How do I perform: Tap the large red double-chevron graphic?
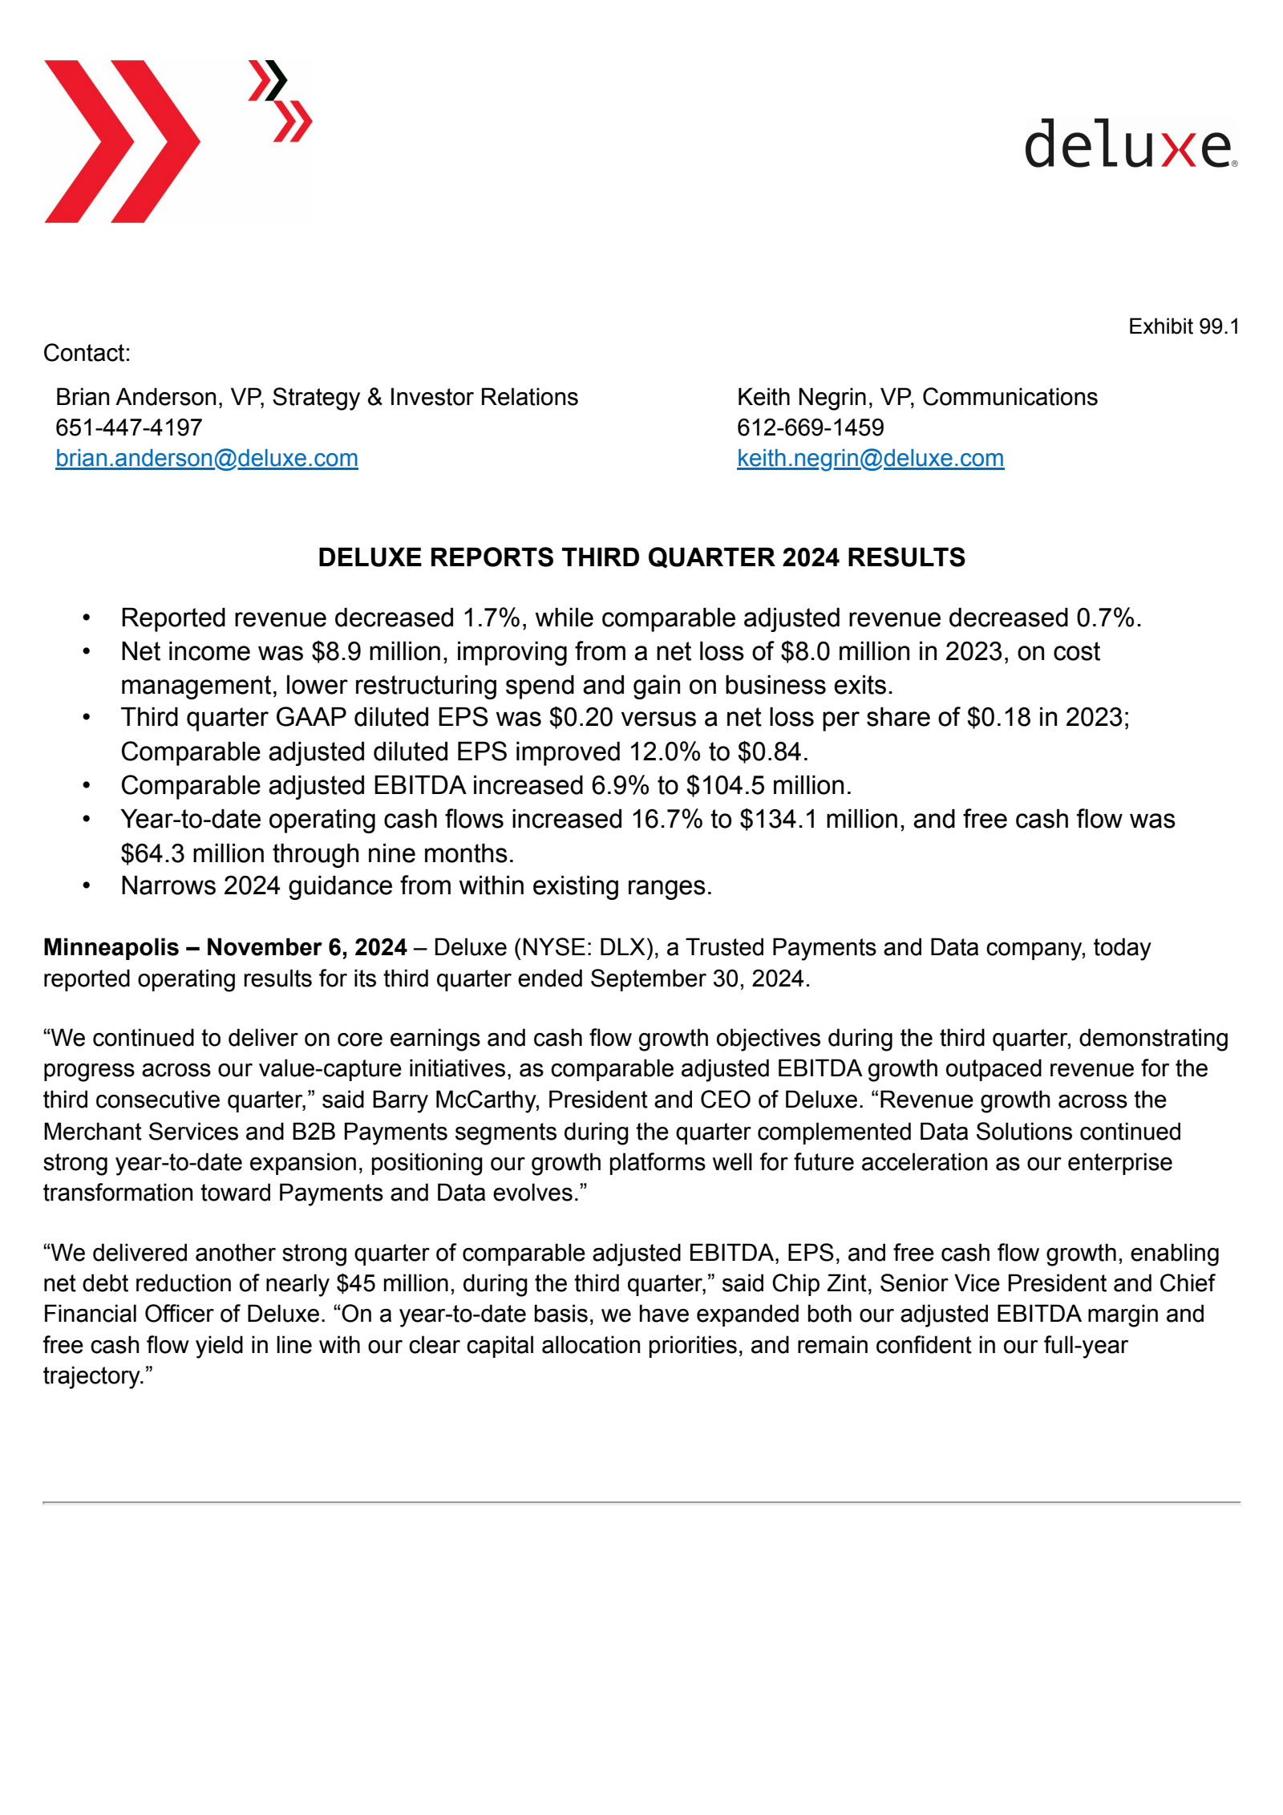pyautogui.click(x=120, y=141)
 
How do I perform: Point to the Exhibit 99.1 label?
pyautogui.click(x=1183, y=326)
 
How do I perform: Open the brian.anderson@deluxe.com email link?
pyautogui.click(x=206, y=458)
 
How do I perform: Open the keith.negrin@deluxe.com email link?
pyautogui.click(x=869, y=458)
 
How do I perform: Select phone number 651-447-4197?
pyautogui.click(x=128, y=427)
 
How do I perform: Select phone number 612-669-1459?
pyautogui.click(x=810, y=427)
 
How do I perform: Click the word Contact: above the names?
pyautogui.click(x=87, y=353)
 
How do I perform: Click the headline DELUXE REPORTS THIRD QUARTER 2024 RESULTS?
pyautogui.click(x=641, y=557)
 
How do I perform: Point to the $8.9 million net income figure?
pyautogui.click(x=376, y=651)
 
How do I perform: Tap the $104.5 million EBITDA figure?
pyautogui.click(x=767, y=785)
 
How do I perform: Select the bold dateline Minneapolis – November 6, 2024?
pyautogui.click(x=225, y=947)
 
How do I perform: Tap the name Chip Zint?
pyautogui.click(x=819, y=1283)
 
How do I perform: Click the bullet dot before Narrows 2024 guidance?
pyautogui.click(x=86, y=885)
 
